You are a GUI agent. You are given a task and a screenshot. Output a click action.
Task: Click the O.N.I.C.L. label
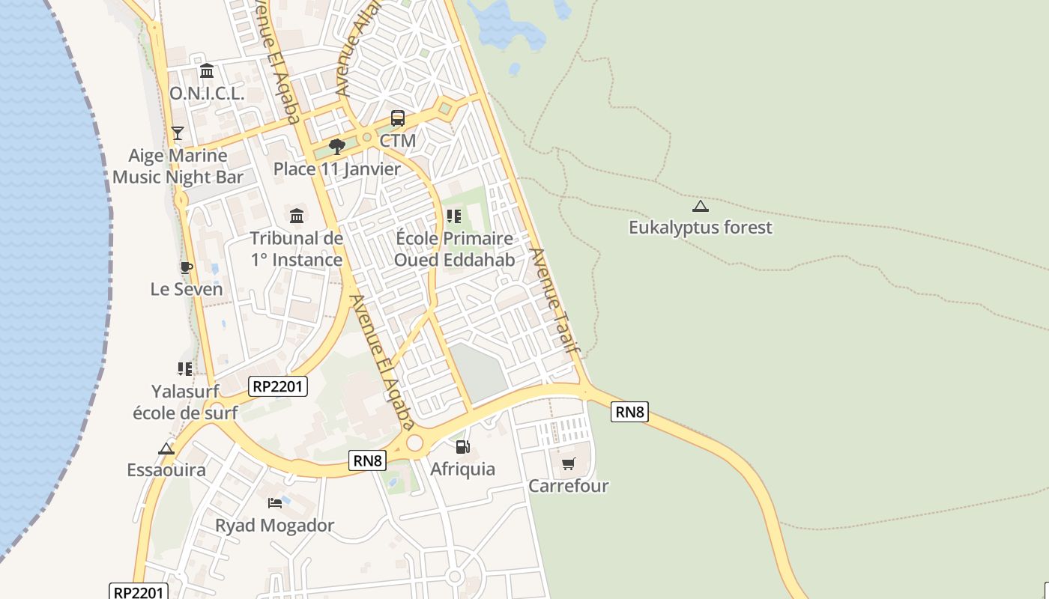(207, 94)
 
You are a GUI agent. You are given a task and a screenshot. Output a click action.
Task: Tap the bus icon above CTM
(397, 118)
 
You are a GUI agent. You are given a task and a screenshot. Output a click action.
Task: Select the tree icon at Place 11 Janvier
(337, 146)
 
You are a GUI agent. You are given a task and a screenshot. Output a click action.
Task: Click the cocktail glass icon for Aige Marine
(177, 133)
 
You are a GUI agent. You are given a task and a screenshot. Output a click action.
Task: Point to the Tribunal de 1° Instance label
(296, 249)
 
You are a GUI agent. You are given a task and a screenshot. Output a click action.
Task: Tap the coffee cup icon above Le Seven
(186, 267)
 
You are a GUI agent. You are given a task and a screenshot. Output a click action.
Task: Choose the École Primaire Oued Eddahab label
(455, 249)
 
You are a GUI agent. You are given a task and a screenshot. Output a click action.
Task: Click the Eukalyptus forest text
(700, 228)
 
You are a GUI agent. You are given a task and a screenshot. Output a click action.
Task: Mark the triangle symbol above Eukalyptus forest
(700, 206)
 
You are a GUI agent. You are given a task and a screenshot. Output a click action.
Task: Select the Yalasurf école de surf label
(185, 402)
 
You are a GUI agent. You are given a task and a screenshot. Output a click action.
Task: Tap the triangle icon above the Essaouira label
(166, 449)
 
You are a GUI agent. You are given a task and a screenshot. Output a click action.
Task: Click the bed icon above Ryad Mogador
(275, 502)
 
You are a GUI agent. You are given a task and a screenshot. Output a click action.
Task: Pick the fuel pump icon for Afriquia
(462, 447)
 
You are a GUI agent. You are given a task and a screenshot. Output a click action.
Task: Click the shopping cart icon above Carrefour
(568, 464)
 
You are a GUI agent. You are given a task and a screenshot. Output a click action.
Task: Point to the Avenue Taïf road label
(555, 300)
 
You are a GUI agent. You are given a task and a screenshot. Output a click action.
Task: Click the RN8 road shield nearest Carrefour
(629, 412)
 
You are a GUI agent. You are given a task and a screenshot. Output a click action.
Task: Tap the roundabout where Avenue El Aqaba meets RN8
(414, 443)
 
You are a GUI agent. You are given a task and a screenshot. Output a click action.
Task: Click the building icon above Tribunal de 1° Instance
(297, 216)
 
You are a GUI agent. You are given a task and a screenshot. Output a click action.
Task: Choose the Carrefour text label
(568, 486)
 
